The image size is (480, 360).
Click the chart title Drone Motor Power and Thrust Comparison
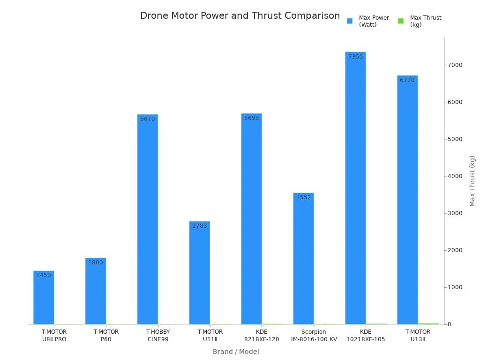[x=240, y=15]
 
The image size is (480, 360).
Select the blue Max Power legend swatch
[x=349, y=21]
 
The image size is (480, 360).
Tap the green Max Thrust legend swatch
[x=401, y=21]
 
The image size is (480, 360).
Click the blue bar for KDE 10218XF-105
[x=355, y=187]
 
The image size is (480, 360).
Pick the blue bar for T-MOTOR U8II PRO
[x=44, y=298]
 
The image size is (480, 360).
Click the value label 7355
[x=355, y=57]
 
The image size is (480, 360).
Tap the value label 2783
[x=199, y=226]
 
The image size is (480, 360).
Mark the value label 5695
[x=251, y=118]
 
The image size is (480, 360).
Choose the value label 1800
[x=95, y=262]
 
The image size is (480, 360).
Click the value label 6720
[x=407, y=80]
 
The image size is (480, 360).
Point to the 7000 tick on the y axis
[x=455, y=65]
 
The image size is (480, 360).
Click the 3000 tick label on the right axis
[x=455, y=213]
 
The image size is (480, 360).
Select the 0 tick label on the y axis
[x=450, y=324]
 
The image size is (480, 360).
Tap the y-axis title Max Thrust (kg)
[x=472, y=180]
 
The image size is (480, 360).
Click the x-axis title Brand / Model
[x=236, y=352]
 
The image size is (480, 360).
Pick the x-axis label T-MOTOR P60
[x=106, y=335]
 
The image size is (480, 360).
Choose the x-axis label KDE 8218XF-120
[x=262, y=335]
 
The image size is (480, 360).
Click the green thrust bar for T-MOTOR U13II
[x=428, y=323]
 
